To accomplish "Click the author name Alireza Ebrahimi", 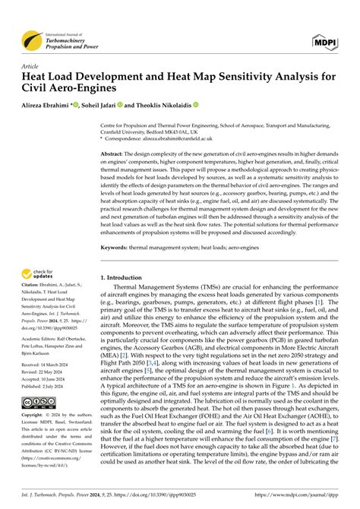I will click(49, 104).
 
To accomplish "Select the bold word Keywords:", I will click(117, 247).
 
